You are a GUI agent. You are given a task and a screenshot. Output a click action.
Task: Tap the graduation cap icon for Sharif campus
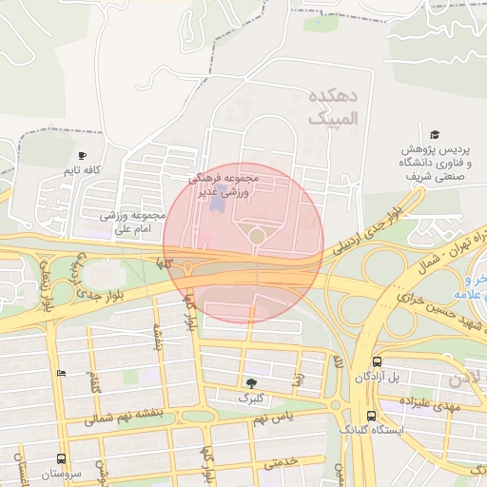(435, 136)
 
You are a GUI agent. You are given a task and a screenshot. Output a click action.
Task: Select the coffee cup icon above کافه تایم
(83, 155)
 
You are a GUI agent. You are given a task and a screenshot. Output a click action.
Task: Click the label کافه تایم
(82, 170)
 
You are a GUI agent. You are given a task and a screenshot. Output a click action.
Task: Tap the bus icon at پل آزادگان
(378, 362)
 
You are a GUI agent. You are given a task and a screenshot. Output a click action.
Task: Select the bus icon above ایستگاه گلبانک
(371, 416)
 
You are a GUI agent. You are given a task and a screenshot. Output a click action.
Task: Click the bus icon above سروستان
(62, 458)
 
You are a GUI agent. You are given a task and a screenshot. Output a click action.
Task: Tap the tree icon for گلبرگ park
(251, 380)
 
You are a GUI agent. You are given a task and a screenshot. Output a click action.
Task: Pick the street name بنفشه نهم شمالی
(142, 415)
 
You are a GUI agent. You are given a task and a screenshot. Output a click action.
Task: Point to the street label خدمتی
(281, 461)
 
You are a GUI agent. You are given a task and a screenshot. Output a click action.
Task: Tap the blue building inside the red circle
(218, 203)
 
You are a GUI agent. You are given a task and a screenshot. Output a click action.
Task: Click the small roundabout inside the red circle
(257, 235)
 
